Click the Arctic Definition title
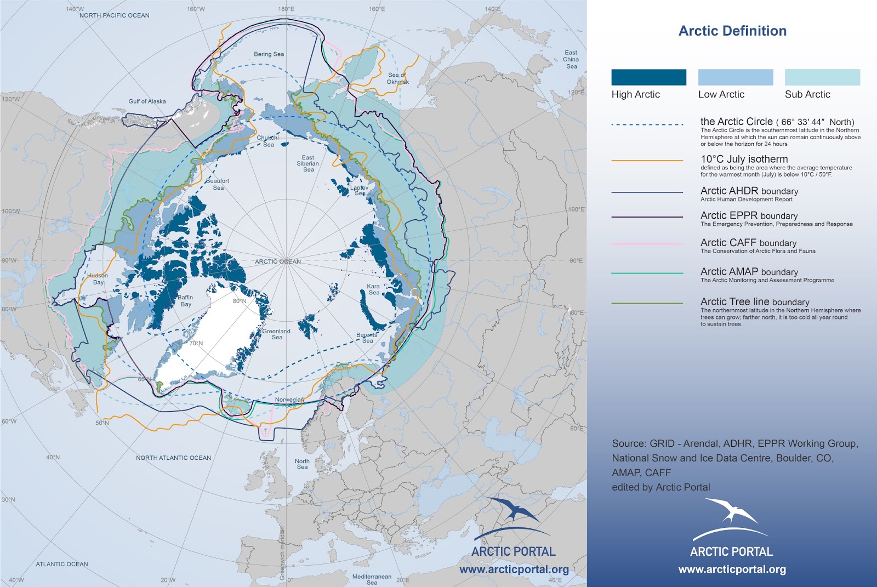732,31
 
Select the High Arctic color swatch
648,77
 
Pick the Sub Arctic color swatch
822,77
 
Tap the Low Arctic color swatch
736,77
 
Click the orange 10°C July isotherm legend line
647,161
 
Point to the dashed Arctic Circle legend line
647,125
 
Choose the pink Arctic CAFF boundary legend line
647,244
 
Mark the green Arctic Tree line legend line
647,303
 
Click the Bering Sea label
269,54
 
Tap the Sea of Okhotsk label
398,78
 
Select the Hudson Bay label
98,279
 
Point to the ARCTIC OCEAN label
278,261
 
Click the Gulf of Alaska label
147,101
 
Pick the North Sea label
302,464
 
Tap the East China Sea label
571,59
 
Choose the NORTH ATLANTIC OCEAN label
173,458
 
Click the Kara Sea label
373,289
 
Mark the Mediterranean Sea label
372,579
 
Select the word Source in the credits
628,443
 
